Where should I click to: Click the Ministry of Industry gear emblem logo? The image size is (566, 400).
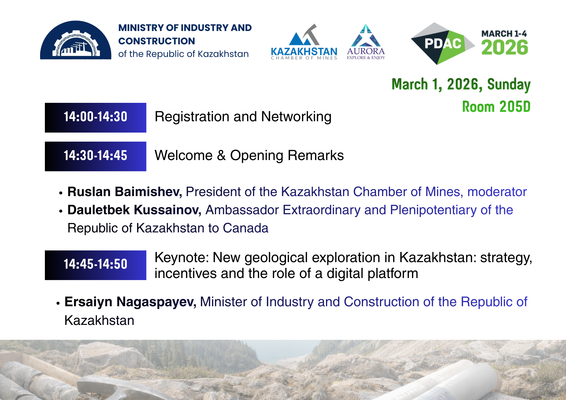pyautogui.click(x=76, y=40)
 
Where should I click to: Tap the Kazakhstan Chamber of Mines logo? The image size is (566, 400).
pyautogui.click(x=304, y=42)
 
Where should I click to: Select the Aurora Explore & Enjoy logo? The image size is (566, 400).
pyautogui.click(x=366, y=42)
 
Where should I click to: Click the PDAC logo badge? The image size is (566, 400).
pyautogui.click(x=443, y=44)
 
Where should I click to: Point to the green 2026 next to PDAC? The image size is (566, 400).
pyautogui.click(x=504, y=47)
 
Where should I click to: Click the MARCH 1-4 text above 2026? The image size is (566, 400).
pyautogui.click(x=504, y=34)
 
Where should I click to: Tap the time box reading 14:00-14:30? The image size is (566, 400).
pyautogui.click(x=96, y=117)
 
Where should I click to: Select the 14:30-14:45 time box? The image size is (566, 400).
pyautogui.click(x=96, y=156)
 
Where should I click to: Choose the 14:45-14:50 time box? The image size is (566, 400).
pyautogui.click(x=96, y=265)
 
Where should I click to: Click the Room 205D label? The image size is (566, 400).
pyautogui.click(x=496, y=107)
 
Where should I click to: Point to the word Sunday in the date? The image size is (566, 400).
pyautogui.click(x=509, y=84)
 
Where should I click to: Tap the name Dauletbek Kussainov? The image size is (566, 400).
pyautogui.click(x=134, y=210)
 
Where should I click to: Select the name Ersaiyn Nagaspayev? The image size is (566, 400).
pyautogui.click(x=130, y=302)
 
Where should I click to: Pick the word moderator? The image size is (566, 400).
pyautogui.click(x=497, y=192)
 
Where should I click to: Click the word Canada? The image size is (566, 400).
pyautogui.click(x=245, y=228)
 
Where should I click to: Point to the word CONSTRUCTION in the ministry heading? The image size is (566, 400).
pyautogui.click(x=157, y=41)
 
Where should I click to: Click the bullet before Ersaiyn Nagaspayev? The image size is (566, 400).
pyautogui.click(x=58, y=303)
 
